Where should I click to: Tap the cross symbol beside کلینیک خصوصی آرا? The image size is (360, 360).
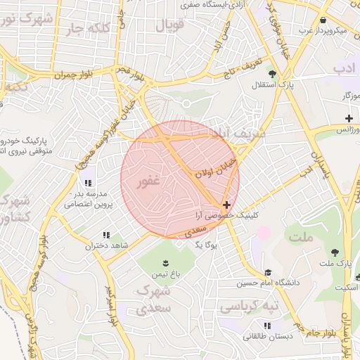tap(225, 204)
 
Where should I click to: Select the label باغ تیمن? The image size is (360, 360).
tap(168, 273)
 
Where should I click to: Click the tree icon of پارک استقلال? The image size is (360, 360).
tap(273, 73)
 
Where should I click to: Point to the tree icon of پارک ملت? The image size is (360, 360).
tap(335, 252)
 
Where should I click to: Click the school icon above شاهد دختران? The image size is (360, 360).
tap(106, 235)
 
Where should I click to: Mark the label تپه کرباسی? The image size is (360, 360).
tap(249, 307)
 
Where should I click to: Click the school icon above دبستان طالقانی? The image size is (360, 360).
tap(266, 326)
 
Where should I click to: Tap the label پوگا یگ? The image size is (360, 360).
tap(207, 245)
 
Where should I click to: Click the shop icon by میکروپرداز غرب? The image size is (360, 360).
tap(322, 20)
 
